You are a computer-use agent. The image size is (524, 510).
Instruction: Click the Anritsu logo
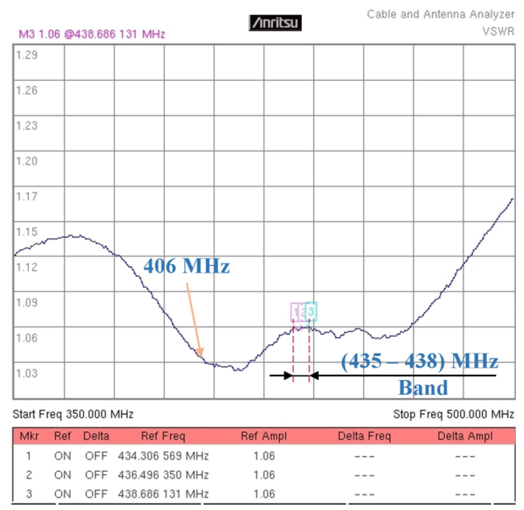click(275, 23)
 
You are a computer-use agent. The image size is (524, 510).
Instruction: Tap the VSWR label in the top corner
click(498, 32)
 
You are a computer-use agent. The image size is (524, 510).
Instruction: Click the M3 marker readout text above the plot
click(92, 34)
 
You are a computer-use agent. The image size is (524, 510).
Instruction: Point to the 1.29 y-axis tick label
click(27, 55)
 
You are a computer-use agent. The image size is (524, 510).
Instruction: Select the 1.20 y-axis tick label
click(27, 161)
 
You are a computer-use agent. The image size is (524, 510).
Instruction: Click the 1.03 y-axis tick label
click(27, 373)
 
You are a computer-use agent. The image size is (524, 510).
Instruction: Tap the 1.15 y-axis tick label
click(27, 232)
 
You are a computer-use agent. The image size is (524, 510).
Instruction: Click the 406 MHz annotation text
click(186, 266)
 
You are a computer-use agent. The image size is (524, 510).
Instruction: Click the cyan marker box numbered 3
click(311, 311)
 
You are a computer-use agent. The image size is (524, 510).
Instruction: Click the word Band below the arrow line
click(423, 388)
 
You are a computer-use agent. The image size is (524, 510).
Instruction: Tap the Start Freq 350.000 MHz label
click(73, 414)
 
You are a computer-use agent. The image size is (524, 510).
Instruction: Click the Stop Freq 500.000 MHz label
click(453, 414)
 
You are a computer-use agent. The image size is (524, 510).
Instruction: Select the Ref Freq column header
click(163, 436)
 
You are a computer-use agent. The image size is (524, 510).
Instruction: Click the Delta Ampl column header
click(465, 436)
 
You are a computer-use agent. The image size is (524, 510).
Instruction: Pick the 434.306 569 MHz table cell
click(163, 456)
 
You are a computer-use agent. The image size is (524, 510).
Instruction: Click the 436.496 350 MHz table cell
click(163, 475)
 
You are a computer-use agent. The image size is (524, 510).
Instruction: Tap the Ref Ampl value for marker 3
click(264, 494)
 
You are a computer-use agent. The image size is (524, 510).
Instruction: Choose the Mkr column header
click(29, 436)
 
